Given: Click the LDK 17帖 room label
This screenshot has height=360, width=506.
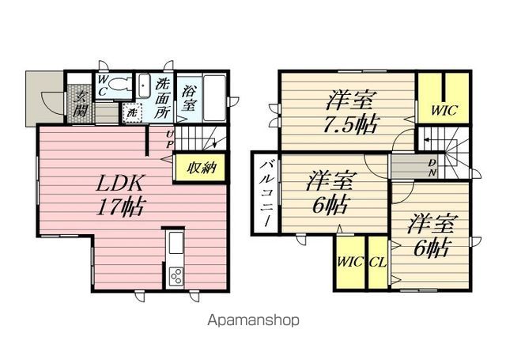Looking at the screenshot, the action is [x=121, y=195].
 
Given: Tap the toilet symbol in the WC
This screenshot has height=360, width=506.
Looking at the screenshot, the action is [x=119, y=85].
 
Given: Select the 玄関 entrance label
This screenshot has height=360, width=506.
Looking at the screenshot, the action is [x=80, y=104].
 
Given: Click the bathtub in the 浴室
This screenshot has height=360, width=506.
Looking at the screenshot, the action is [x=214, y=98].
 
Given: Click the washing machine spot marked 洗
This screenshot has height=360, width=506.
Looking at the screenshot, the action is [x=132, y=112].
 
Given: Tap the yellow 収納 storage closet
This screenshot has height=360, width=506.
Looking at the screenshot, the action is [x=200, y=168].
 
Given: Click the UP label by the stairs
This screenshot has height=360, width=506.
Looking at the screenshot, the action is [x=170, y=139].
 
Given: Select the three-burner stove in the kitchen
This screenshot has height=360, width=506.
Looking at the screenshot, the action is [x=176, y=276].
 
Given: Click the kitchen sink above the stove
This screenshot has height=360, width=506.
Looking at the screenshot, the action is [x=176, y=242].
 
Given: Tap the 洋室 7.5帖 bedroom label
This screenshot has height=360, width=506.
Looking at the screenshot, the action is [x=350, y=112].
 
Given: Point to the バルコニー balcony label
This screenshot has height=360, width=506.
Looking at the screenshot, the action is [x=266, y=193].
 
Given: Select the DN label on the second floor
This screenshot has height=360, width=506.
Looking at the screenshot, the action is [x=432, y=169].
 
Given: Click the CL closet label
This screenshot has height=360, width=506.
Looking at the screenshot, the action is [x=378, y=262].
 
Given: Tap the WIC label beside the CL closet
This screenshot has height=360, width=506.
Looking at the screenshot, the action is [x=349, y=262].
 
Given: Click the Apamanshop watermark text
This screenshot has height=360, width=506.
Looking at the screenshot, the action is [x=253, y=320].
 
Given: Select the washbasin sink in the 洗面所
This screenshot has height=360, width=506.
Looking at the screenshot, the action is [x=144, y=86].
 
